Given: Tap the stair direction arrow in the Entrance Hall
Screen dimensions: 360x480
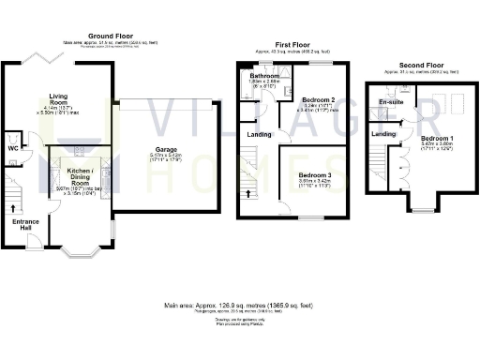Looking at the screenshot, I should [13, 206].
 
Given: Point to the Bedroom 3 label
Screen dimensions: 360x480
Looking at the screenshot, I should [316, 175].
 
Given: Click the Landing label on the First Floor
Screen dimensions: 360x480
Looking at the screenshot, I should [260, 135].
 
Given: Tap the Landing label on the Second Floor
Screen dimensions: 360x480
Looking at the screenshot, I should [383, 135].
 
